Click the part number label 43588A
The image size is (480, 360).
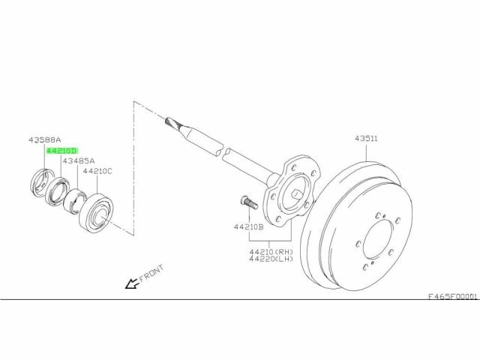pos(45,140)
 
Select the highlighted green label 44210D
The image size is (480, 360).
pos(62,151)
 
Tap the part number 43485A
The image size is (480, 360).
pos(79,160)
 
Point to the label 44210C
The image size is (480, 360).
pos(97,171)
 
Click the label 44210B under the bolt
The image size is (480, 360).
pos(248,227)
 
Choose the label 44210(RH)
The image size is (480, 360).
pos(271,252)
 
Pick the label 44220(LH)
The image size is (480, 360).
pos(271,259)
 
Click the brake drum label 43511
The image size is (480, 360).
pos(367,138)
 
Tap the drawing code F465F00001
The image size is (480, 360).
pos(452,297)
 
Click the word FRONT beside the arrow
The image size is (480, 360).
pos(151,273)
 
